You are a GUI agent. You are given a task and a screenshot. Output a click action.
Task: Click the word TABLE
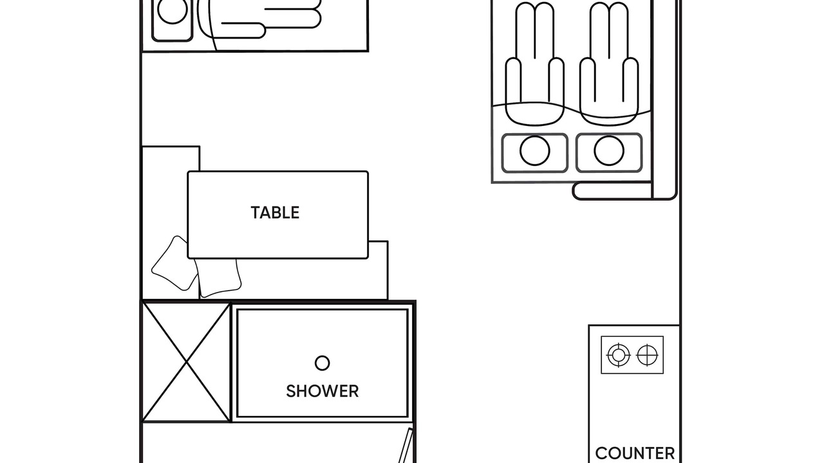pos(275,213)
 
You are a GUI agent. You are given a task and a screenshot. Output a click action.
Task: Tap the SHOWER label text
pos(323,392)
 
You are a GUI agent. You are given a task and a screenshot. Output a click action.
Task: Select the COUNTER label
pos(635,453)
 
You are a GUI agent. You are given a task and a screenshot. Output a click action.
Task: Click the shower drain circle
pos(323,363)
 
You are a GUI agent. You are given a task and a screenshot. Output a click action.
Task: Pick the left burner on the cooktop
pos(619,355)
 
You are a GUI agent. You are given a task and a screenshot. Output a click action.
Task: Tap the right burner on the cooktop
pos(647,355)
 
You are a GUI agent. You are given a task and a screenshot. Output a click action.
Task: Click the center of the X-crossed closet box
pos(187,362)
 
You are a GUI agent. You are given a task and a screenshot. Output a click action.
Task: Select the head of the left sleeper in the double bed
pos(535,150)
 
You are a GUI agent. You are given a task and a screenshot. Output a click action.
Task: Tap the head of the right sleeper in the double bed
pos(609,150)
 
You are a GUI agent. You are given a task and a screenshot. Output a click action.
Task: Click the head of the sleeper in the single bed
pos(172,10)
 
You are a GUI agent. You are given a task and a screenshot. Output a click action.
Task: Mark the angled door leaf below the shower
pos(406,446)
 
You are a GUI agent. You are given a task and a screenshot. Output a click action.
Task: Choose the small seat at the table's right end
pos(378,270)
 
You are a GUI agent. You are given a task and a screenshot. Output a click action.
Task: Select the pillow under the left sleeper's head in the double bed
pos(535,153)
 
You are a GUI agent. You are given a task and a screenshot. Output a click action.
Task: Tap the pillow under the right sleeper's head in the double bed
pos(609,153)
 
